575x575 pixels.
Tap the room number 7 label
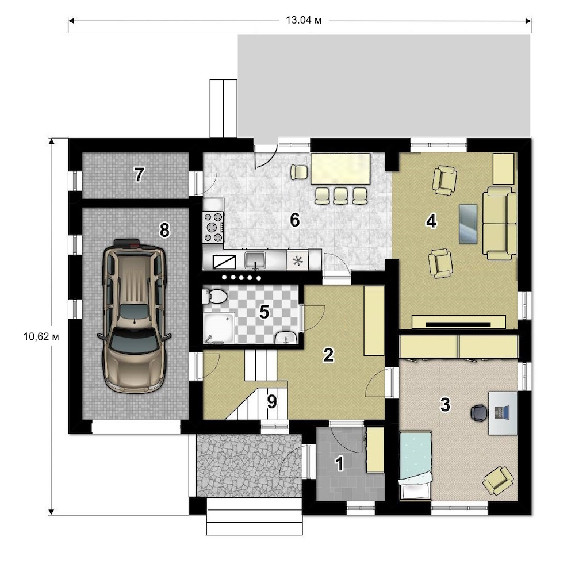(x=139, y=175)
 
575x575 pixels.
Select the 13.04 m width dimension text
(x=304, y=20)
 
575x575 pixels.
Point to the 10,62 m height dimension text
(x=41, y=336)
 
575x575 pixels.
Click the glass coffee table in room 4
(x=468, y=224)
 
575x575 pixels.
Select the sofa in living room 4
(x=500, y=223)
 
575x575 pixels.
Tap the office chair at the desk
(x=480, y=413)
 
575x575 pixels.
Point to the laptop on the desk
(x=501, y=412)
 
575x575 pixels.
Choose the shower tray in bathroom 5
(x=219, y=328)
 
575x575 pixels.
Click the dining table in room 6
(x=340, y=168)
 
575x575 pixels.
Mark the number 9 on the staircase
(x=272, y=402)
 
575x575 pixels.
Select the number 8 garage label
(x=164, y=231)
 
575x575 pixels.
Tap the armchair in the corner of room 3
(x=498, y=480)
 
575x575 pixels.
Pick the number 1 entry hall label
(x=340, y=463)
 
